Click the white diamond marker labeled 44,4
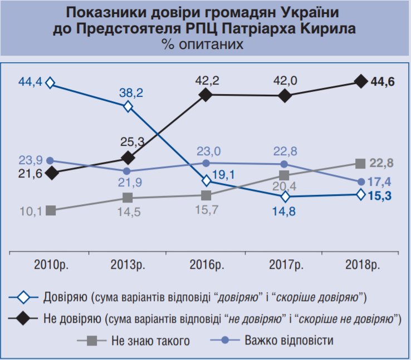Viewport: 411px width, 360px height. pyautogui.click(x=51, y=83)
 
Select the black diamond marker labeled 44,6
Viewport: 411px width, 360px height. pyautogui.click(x=361, y=82)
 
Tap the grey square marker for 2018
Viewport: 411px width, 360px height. pyautogui.click(x=361, y=164)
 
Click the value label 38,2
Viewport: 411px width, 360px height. pyautogui.click(x=131, y=93)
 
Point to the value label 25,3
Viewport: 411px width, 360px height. pyautogui.click(x=133, y=142)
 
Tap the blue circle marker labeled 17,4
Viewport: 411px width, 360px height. pyautogui.click(x=361, y=181)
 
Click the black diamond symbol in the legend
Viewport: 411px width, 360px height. pyautogui.click(x=23, y=319)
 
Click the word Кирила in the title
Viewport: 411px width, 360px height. pyautogui.click(x=329, y=28)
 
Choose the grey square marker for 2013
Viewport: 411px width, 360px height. pyautogui.click(x=128, y=198)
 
